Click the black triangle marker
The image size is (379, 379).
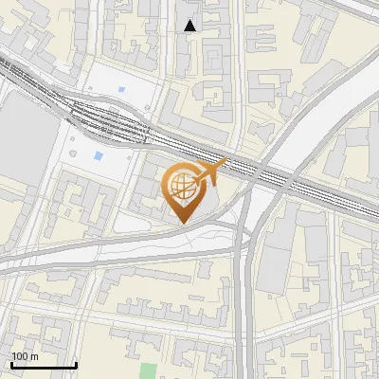click(x=190, y=26)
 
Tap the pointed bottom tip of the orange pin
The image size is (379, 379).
click(x=182, y=221)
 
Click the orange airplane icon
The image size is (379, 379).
click(x=211, y=173)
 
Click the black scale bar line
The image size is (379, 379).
click(x=44, y=365)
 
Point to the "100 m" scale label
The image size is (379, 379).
click(x=25, y=356)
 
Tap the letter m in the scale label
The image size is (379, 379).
click(x=34, y=356)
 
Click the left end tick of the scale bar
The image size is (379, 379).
click(x=11, y=363)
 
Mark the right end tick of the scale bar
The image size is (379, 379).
click(x=76, y=363)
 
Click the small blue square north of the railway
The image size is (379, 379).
click(x=121, y=91)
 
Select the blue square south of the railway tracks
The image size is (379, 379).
click(x=99, y=155)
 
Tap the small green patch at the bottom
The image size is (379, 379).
click(x=148, y=370)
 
